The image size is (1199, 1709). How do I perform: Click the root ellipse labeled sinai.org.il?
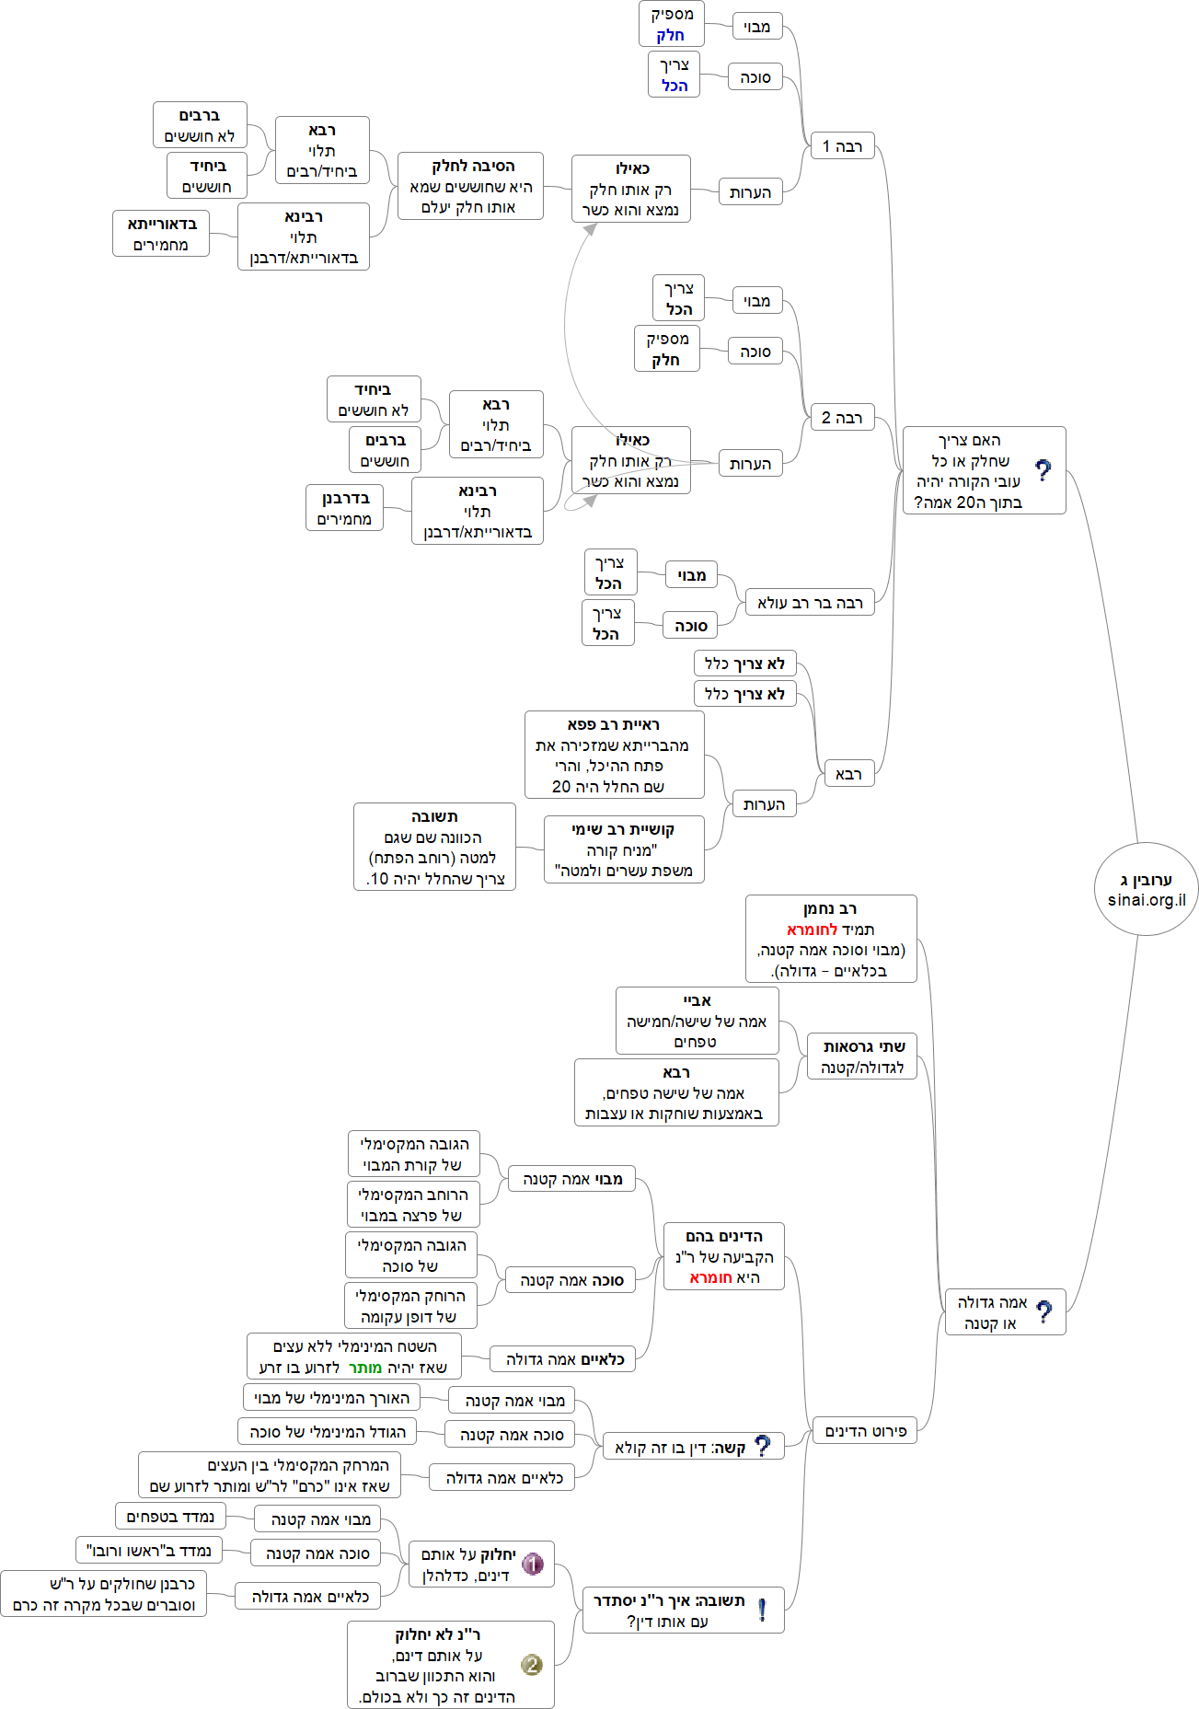click(x=1146, y=889)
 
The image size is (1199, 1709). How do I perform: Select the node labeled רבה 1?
click(x=842, y=146)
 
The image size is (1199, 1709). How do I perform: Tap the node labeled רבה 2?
click(x=842, y=418)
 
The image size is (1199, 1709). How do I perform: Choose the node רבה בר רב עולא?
click(x=810, y=603)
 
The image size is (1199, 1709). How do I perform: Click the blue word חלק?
click(x=670, y=36)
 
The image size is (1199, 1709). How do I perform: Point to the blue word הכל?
click(x=674, y=86)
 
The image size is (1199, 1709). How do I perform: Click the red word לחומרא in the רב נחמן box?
click(x=812, y=930)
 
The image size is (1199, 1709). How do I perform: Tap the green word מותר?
click(x=365, y=1368)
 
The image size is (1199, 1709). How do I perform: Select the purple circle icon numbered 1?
click(x=533, y=1564)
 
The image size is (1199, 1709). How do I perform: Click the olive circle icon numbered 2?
click(x=532, y=1664)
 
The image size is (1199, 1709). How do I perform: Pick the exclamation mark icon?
click(x=762, y=1610)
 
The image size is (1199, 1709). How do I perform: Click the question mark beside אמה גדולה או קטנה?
click(x=1043, y=1311)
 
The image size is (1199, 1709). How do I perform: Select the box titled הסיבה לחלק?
click(x=470, y=186)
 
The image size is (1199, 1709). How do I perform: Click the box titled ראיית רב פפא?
click(x=614, y=755)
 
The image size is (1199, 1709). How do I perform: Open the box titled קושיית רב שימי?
click(x=624, y=849)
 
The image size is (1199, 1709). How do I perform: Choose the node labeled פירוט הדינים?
click(x=865, y=1431)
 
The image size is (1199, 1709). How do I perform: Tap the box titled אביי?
click(x=697, y=1021)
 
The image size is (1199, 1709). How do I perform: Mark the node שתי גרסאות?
click(x=863, y=1057)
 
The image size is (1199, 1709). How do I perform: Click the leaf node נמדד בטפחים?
click(x=170, y=1517)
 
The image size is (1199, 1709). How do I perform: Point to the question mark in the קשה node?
click(x=762, y=1446)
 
